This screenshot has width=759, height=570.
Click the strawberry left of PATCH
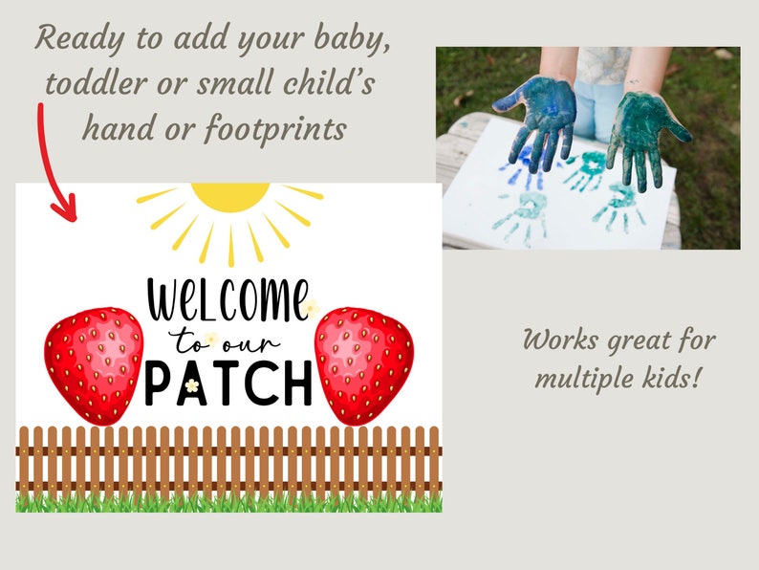94,364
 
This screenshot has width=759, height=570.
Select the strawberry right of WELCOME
364,364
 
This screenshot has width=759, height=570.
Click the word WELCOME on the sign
228,300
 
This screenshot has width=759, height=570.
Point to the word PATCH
229,383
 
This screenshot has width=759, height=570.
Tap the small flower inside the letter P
191,384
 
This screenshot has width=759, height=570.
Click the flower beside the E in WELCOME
310,308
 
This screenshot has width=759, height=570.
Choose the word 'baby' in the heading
353,41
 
